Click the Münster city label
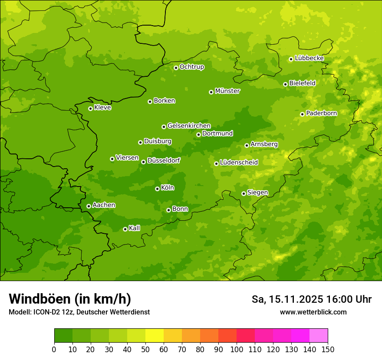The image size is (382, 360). (227, 91)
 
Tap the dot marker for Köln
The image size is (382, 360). (157, 189)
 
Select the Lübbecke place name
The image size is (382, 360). (309, 58)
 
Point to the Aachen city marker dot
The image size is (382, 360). (89, 206)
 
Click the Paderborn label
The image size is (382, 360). (321, 113)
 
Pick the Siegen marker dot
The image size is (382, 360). (244, 193)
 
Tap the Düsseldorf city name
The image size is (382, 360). (164, 160)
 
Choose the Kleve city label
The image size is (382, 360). (103, 108)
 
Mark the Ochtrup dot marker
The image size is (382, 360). (176, 68)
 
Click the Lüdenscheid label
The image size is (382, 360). (239, 163)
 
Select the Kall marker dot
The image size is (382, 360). (125, 229)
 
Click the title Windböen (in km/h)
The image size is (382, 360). (69, 299)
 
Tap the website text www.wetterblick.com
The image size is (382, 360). (313, 312)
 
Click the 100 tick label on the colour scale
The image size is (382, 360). (237, 350)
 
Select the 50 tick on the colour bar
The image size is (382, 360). (145, 350)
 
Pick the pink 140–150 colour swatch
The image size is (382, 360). (319, 336)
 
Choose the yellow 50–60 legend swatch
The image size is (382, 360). (155, 336)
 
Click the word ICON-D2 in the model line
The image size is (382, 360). (46, 312)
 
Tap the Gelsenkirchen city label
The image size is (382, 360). (189, 126)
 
